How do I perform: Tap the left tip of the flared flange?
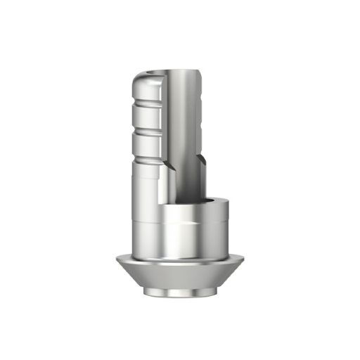[x=118, y=260]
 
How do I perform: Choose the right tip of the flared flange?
[x=243, y=260]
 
